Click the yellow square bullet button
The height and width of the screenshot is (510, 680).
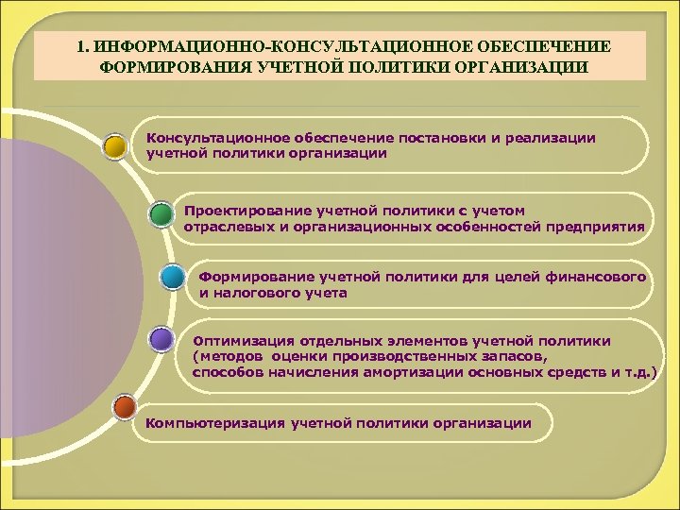point(115,145)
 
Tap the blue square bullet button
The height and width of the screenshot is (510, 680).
point(172,278)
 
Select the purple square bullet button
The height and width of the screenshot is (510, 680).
point(161,339)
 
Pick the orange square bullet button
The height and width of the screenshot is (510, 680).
point(123,407)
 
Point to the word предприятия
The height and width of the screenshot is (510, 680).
point(601,227)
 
